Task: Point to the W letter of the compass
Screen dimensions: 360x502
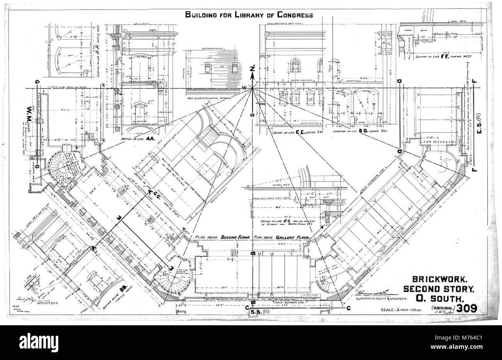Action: click(244, 88)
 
